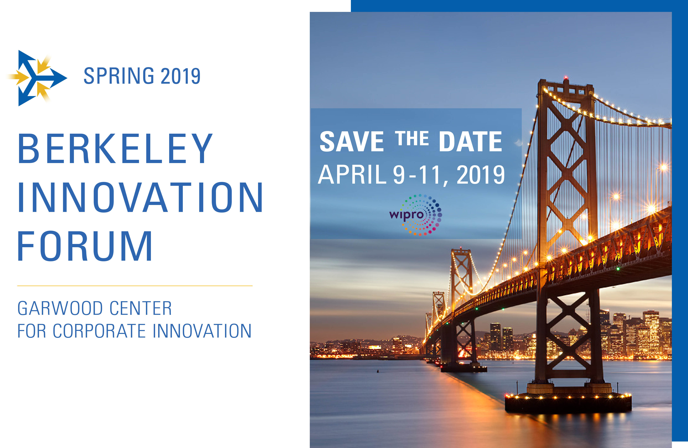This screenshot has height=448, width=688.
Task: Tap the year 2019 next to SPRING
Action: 180,76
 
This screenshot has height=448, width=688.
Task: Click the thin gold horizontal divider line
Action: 135,286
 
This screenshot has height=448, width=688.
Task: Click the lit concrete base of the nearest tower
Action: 568,401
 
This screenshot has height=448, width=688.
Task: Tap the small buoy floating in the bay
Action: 377,371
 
